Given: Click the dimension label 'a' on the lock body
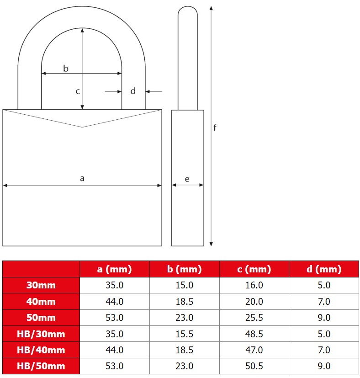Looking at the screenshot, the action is [x=82, y=179].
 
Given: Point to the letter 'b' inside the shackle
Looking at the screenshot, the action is [x=66, y=69].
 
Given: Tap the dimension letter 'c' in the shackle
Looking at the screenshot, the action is [x=78, y=91].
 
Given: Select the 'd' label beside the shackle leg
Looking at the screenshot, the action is [x=133, y=91].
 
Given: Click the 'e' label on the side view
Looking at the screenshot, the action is [x=187, y=179].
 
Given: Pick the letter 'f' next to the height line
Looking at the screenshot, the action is [x=215, y=127].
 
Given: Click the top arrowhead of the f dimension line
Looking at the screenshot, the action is [x=211, y=8].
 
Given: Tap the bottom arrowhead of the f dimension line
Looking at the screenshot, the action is [x=211, y=244].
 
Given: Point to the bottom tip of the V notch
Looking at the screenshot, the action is [x=82, y=127].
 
